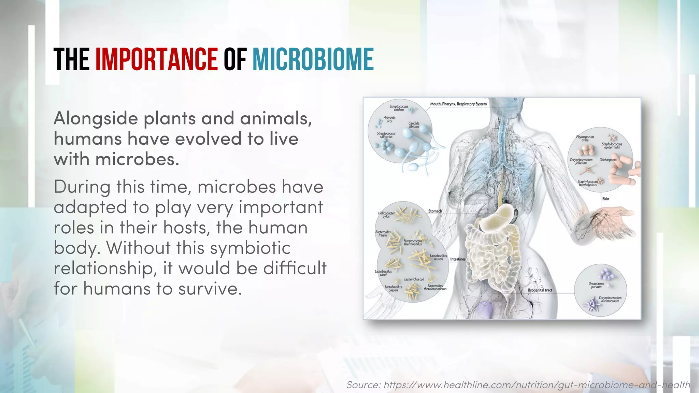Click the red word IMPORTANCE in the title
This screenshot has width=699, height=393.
[156, 59]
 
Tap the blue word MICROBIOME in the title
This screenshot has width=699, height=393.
[313, 59]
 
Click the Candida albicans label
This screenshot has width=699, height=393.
[414, 125]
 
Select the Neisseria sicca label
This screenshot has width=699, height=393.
[389, 119]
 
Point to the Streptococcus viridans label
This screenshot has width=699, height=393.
[399, 108]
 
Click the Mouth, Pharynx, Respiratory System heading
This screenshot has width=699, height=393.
[458, 104]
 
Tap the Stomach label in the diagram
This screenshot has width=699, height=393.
[435, 211]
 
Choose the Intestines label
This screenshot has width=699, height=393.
[458, 259]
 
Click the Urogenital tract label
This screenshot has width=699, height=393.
[540, 290]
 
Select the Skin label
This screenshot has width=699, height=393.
[605, 199]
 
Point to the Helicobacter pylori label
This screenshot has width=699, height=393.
[386, 215]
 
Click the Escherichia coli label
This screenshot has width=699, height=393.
[414, 279]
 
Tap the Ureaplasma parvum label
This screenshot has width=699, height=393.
[596, 285]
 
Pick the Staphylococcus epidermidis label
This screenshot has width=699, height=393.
[612, 146]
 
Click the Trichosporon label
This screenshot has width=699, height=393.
[608, 160]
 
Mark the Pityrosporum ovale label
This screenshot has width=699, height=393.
[585, 139]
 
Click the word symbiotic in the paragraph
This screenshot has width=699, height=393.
[250, 248]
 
